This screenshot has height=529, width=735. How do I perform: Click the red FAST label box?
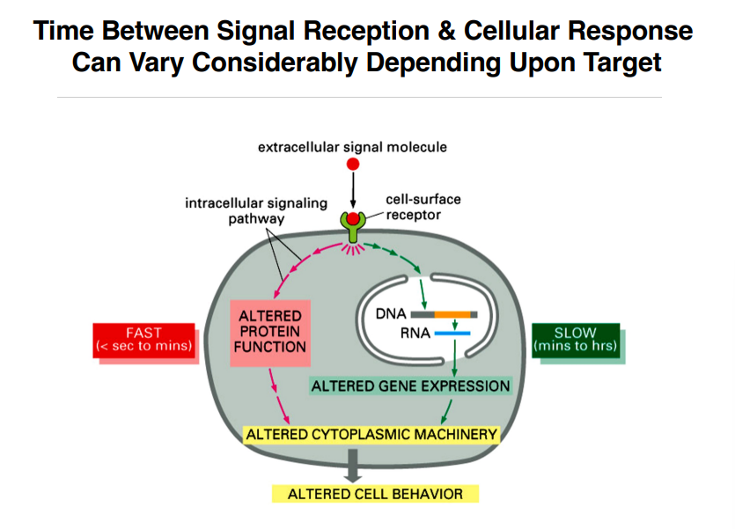(x=143, y=340)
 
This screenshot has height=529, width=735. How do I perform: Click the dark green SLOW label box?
(x=575, y=340)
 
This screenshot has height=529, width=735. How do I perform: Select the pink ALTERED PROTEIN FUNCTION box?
(x=269, y=331)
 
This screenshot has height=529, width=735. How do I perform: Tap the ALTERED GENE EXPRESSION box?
(x=410, y=386)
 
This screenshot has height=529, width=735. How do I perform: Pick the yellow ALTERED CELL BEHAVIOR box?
(x=375, y=494)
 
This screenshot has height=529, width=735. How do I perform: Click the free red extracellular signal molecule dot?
(x=353, y=164)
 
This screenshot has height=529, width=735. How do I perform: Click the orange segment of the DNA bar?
(x=452, y=313)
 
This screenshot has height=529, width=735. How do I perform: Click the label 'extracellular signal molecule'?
(x=352, y=147)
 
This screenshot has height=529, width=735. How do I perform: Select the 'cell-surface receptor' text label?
(x=423, y=207)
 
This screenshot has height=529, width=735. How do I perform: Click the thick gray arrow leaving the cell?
(x=353, y=464)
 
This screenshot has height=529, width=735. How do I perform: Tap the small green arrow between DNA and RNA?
(x=454, y=324)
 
